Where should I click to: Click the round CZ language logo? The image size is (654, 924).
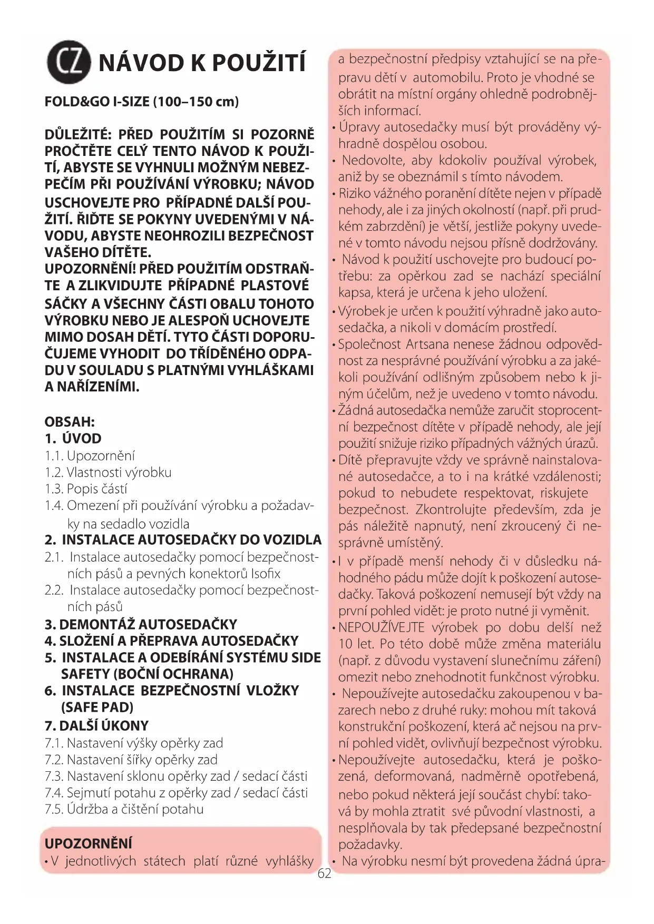click(69, 62)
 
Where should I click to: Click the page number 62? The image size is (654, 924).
click(325, 873)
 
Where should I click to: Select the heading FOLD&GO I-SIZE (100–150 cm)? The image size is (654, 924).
click(141, 101)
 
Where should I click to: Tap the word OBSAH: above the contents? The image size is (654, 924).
click(70, 422)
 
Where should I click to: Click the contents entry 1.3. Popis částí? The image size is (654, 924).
click(86, 489)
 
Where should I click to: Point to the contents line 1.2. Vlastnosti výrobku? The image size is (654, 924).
click(108, 473)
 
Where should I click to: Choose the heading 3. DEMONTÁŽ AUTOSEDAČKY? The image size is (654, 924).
click(141, 624)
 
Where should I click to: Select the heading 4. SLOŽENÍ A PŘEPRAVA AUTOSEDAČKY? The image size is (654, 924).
click(171, 641)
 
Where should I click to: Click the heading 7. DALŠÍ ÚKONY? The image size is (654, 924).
click(96, 725)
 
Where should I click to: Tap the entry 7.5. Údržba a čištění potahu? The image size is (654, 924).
click(124, 809)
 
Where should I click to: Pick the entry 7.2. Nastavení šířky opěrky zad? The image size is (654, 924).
click(131, 760)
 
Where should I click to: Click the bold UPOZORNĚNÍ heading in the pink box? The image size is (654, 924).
click(88, 843)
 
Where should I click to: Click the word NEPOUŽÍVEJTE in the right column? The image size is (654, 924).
click(381, 627)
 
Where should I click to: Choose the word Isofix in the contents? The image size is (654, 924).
click(266, 574)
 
